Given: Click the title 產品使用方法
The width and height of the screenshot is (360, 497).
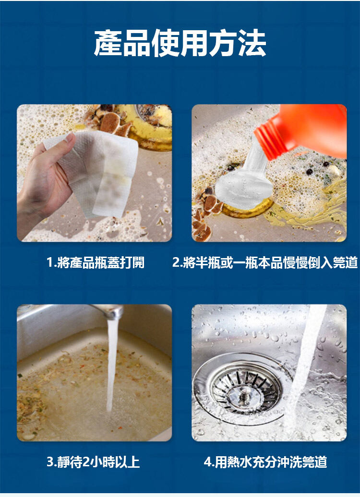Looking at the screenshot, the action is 180,43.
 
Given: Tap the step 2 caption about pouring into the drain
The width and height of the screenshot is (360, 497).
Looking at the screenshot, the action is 265,262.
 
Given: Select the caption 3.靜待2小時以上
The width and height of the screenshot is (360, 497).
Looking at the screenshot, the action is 93,462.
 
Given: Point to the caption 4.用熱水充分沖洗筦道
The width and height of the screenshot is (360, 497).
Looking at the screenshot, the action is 265,462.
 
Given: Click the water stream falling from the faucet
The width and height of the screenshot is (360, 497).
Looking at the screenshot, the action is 111,365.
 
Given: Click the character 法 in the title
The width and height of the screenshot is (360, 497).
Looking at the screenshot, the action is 252,43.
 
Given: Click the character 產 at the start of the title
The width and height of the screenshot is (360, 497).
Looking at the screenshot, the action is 108,43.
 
